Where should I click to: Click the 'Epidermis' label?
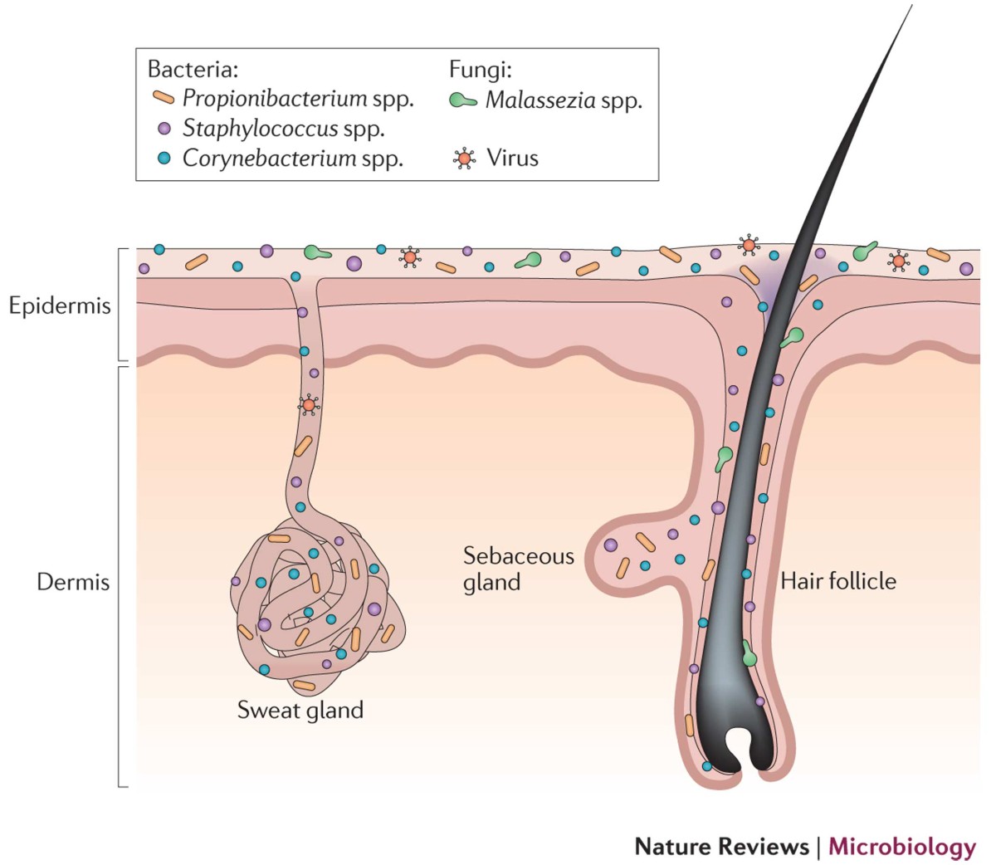click(60, 305)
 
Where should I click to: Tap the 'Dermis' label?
click(73, 582)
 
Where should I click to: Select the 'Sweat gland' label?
click(300, 711)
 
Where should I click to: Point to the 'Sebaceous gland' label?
click(519, 569)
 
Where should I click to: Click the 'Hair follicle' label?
click(838, 580)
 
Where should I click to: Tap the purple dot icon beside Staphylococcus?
click(164, 129)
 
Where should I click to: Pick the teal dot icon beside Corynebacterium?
click(164, 158)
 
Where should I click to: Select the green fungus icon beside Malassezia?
click(462, 100)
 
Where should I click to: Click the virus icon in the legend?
click(463, 158)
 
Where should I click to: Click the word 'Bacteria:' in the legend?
click(193, 69)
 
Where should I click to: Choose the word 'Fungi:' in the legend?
click(480, 69)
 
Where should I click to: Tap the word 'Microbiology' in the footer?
click(902, 847)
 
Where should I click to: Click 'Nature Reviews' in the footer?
click(721, 847)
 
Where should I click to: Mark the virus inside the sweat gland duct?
click(309, 405)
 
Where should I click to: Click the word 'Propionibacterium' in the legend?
click(275, 99)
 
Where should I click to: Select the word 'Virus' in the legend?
click(512, 158)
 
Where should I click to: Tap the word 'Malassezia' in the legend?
click(540, 100)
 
